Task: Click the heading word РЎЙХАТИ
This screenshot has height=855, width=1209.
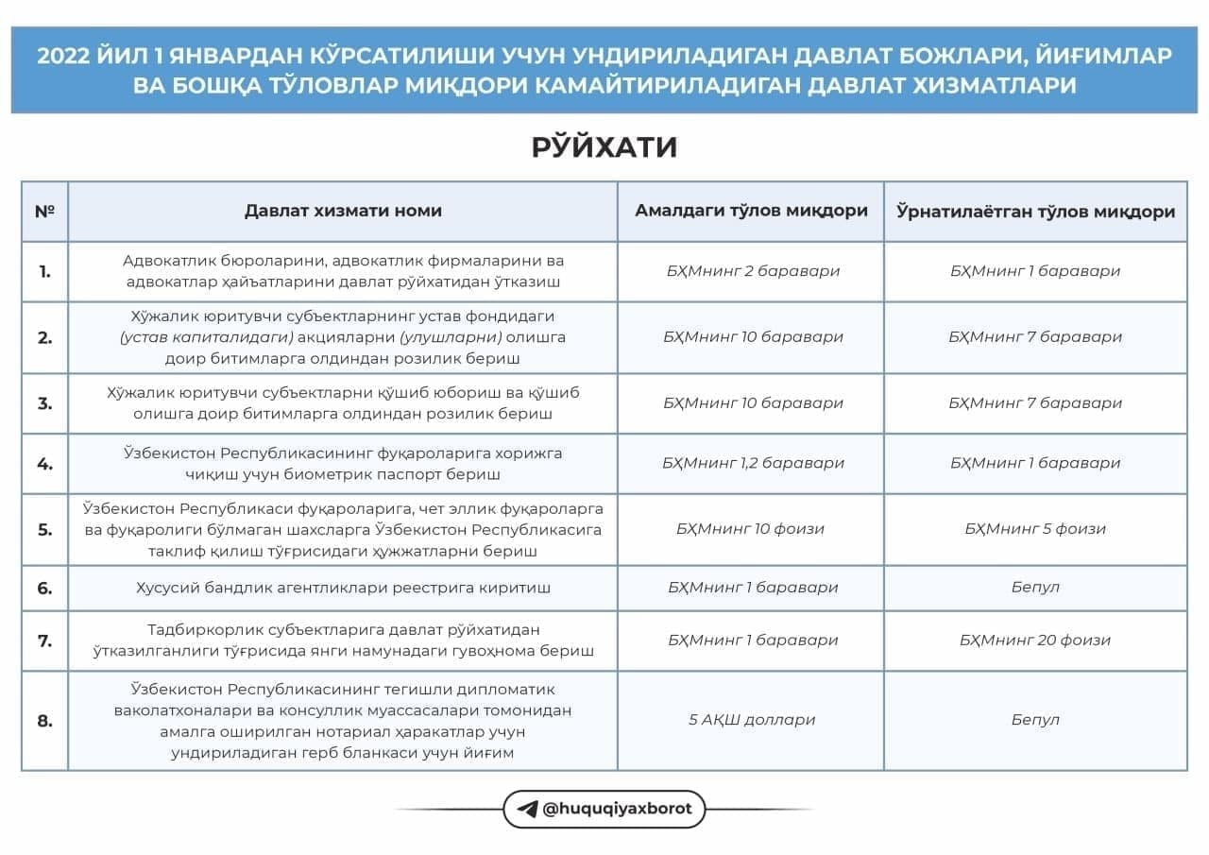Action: pyautogui.click(x=604, y=147)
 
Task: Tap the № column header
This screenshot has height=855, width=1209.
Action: pyautogui.click(x=44, y=211)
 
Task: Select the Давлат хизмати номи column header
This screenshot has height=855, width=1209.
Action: pyautogui.click(x=343, y=211)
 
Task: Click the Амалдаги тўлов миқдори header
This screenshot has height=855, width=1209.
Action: pyautogui.click(x=751, y=211)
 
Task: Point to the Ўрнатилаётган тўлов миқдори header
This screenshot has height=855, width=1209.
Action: pyautogui.click(x=1035, y=212)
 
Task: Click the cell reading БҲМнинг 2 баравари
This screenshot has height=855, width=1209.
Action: pyautogui.click(x=752, y=271)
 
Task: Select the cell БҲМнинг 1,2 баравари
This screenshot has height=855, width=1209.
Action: pyautogui.click(x=752, y=463)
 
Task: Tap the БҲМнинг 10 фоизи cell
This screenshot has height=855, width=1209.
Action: pyautogui.click(x=750, y=529)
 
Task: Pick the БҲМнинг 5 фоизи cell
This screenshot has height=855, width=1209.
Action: pyautogui.click(x=1035, y=529)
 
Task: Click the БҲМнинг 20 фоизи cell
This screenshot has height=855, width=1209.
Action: pyautogui.click(x=1035, y=640)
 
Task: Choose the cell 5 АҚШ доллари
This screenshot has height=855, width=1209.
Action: pyautogui.click(x=752, y=720)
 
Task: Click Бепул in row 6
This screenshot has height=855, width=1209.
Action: pyautogui.click(x=1035, y=587)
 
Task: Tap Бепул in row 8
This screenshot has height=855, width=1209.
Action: pyautogui.click(x=1035, y=720)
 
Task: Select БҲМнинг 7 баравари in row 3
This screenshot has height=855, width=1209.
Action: pyautogui.click(x=1035, y=402)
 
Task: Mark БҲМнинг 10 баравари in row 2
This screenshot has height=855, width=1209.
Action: pyautogui.click(x=752, y=336)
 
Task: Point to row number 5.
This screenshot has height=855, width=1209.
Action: pyautogui.click(x=44, y=529)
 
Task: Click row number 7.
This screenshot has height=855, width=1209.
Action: pyautogui.click(x=44, y=640)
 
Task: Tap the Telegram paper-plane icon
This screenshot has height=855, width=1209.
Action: pyautogui.click(x=527, y=809)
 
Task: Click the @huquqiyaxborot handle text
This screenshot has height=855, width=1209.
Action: pyautogui.click(x=618, y=809)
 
